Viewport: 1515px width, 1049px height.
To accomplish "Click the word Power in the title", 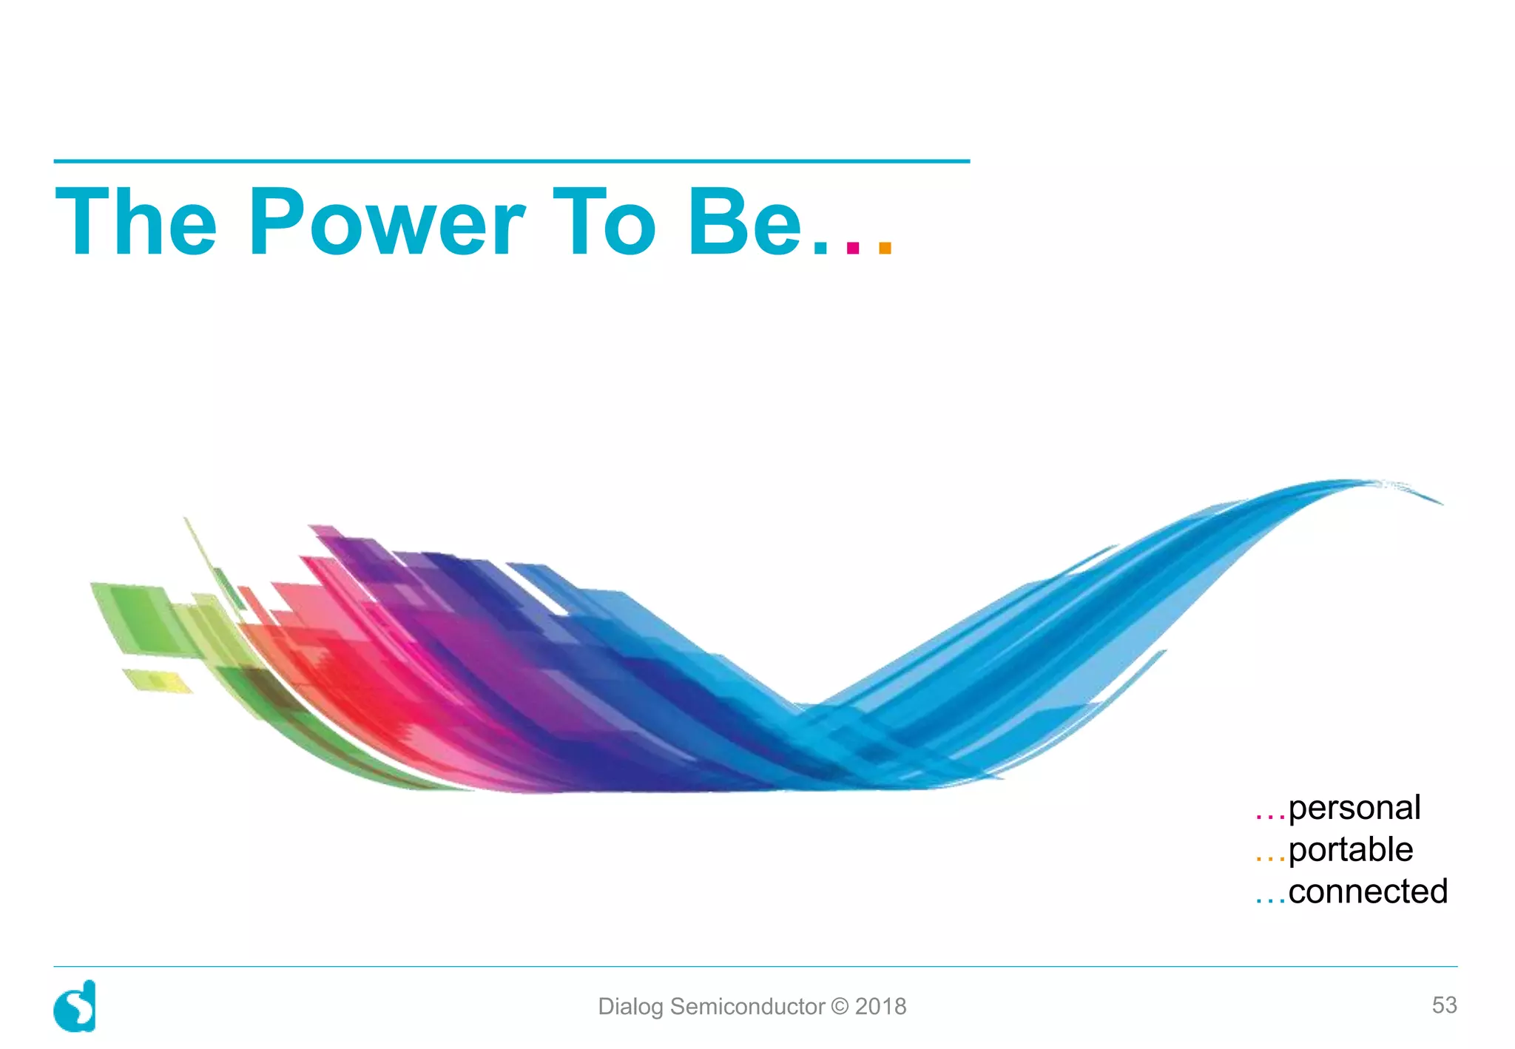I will (386, 222).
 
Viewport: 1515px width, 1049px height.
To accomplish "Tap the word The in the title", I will (136, 222).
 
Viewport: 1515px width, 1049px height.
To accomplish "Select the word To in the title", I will (604, 222).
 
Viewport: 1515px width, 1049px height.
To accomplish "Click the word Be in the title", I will (744, 222).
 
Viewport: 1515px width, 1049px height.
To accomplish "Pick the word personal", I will (1354, 808).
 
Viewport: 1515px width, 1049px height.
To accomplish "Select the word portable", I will (1350, 850).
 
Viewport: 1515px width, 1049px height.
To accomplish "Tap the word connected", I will (1368, 891).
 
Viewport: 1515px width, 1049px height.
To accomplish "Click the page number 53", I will (1444, 1005).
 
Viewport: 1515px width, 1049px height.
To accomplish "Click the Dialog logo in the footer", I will (75, 1006).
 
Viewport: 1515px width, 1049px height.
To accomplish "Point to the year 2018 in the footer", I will (880, 1007).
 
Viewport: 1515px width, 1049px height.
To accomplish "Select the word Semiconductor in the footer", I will (747, 1007).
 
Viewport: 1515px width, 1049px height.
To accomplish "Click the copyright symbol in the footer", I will (840, 1007).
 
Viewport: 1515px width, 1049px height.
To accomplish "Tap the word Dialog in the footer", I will (630, 1007).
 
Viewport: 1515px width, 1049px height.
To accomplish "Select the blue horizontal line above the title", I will (511, 161).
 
